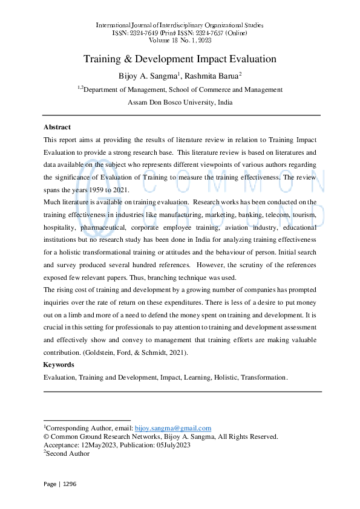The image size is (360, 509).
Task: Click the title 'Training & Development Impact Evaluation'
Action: pos(180,59)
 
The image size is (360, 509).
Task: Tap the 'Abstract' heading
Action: pos(57,127)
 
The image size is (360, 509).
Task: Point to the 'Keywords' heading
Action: pos(59,365)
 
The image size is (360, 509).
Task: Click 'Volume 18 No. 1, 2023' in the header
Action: pos(180,40)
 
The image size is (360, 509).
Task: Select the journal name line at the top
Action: pos(180,25)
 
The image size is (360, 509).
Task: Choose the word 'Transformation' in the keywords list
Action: pos(263,377)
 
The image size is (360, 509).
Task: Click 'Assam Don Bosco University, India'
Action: pos(180,102)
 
